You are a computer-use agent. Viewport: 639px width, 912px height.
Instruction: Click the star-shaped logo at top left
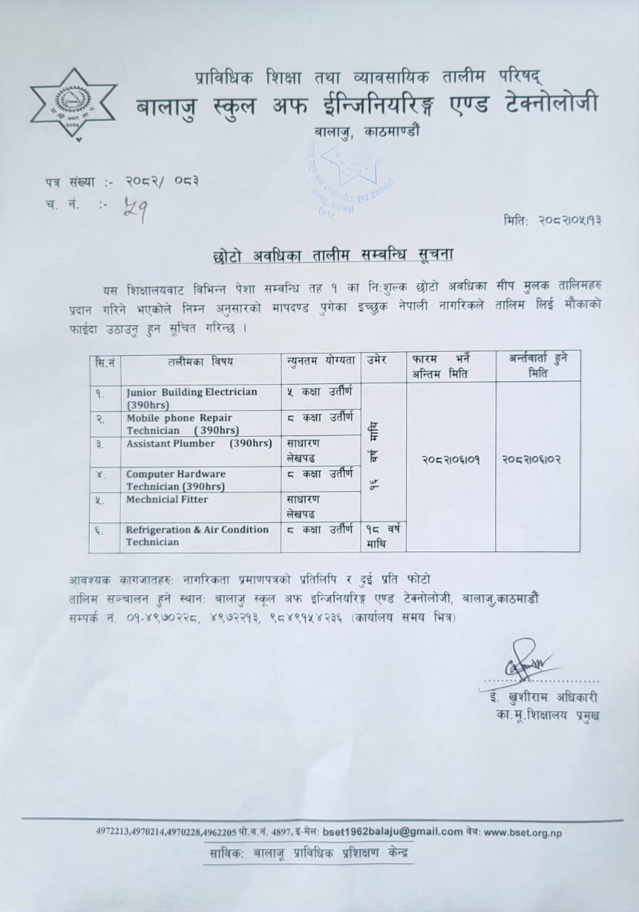73,105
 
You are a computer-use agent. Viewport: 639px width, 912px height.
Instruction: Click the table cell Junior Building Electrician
199,397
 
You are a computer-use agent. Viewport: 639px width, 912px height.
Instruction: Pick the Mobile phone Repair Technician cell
199,423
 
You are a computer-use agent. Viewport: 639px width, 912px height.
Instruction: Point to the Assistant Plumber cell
199,444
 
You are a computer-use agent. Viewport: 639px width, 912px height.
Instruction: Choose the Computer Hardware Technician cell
199,480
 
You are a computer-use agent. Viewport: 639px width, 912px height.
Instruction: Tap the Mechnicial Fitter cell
199,500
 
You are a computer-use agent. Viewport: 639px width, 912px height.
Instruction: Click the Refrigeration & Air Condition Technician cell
199,536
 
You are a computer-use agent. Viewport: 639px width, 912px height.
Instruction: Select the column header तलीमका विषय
200,362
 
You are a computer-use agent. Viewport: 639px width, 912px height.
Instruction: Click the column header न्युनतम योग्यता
320,361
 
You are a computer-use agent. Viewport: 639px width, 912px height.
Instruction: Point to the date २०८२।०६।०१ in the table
451,460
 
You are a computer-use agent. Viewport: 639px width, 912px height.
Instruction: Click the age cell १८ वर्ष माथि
383,537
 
